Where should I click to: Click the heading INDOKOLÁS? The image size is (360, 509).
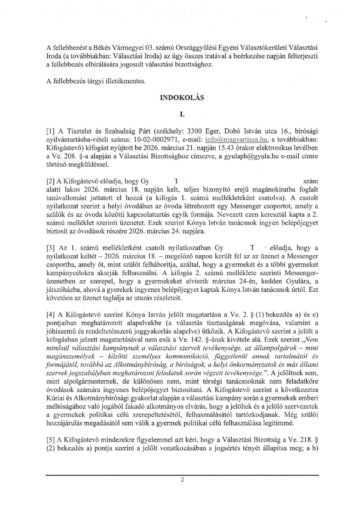[182, 97]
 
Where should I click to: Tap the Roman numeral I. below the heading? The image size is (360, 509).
[182, 115]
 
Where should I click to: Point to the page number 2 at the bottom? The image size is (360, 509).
[182, 480]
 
